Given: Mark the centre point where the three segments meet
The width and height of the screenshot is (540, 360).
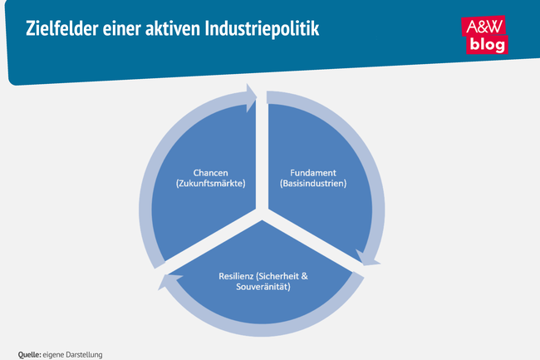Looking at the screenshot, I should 263,213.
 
